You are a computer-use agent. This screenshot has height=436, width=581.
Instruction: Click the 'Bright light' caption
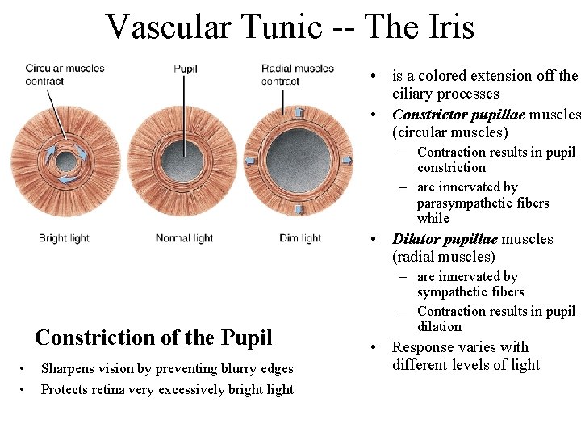[x=64, y=238]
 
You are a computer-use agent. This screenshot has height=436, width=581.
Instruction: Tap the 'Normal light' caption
[x=184, y=238]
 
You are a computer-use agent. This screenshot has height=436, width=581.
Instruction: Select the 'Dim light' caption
[x=300, y=238]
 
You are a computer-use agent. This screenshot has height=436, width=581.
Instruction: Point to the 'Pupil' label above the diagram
[x=186, y=69]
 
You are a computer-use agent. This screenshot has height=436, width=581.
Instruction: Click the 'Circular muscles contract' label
[x=65, y=74]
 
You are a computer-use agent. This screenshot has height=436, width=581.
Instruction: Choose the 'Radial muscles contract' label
[x=297, y=74]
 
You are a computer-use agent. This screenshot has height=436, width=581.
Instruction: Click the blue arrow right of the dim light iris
[x=347, y=161]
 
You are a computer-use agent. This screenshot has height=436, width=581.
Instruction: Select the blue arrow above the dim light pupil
[x=299, y=112]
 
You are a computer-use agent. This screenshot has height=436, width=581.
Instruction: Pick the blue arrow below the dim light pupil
[x=299, y=209]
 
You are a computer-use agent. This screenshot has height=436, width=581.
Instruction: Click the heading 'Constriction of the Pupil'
[x=153, y=337]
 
